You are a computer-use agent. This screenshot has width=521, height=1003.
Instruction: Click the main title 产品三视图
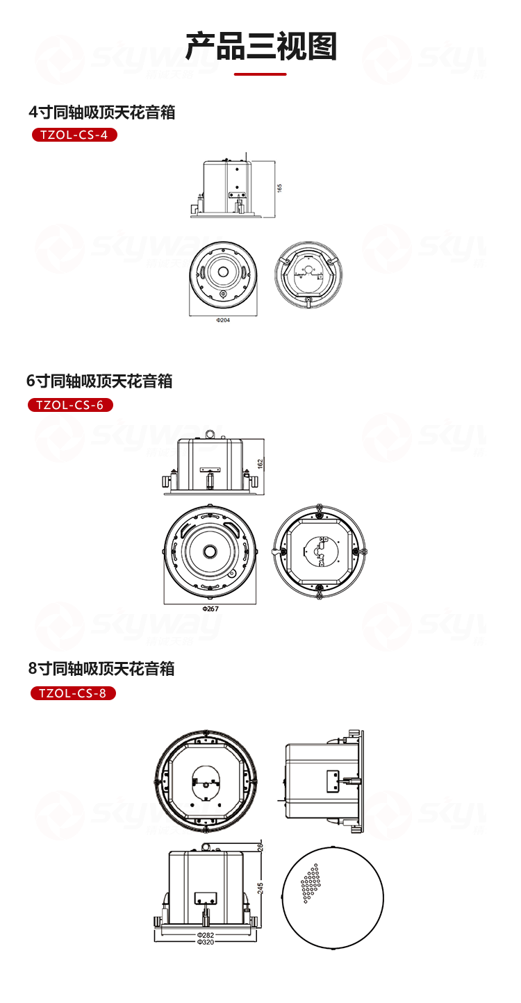260,47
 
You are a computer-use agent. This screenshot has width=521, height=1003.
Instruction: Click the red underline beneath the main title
260,74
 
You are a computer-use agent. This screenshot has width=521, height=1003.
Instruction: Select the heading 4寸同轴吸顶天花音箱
102,112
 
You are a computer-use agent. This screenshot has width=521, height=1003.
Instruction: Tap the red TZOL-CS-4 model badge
74,135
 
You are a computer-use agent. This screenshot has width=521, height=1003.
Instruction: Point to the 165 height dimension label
279,188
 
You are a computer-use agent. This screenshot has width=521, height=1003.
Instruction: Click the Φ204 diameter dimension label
223,320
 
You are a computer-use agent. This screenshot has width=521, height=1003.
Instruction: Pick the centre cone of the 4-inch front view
223,271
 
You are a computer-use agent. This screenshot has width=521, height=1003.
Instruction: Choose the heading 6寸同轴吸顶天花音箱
99,381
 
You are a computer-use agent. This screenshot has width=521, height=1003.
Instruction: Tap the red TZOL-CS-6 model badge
70,405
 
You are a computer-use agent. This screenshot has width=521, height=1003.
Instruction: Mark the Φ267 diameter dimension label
210,608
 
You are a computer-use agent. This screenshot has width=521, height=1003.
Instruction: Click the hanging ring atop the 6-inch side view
210,436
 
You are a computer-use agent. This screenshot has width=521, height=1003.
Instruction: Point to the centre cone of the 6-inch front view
210,552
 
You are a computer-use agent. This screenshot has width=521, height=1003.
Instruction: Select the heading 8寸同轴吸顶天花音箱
101,669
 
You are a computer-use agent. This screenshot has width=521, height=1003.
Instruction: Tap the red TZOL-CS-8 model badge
73,693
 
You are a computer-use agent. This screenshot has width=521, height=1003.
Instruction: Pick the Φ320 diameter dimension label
206,942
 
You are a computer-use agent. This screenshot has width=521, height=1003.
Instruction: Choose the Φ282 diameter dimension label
206,935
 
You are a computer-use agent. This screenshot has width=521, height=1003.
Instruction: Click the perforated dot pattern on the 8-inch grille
311,884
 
